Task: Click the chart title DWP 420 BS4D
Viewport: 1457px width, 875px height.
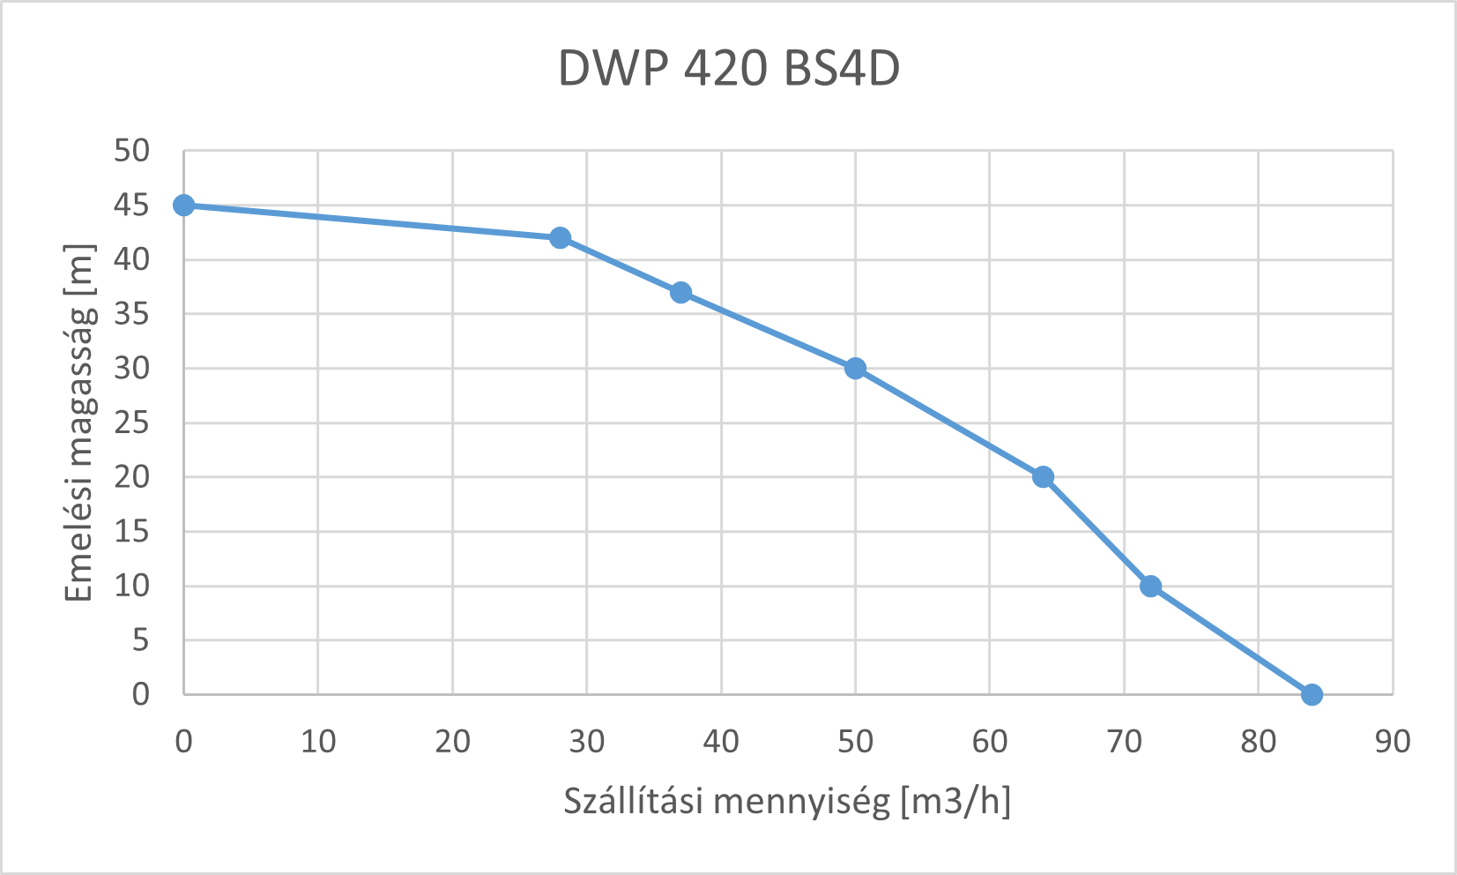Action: coord(729,69)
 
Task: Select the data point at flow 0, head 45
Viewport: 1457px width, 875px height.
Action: coord(183,206)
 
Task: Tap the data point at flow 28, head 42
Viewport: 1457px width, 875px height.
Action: coord(560,238)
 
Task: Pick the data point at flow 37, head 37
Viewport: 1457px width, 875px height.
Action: coord(680,293)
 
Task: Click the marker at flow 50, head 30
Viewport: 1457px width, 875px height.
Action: coord(855,369)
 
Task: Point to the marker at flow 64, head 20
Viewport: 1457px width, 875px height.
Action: coord(1043,477)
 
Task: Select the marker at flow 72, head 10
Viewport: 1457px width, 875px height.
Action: coord(1150,587)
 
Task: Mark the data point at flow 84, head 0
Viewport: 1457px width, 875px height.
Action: coord(1312,695)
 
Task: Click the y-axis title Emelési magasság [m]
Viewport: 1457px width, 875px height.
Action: coord(79,423)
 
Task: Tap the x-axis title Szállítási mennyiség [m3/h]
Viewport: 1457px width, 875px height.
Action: coord(787,802)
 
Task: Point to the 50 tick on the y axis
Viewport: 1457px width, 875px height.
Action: coord(132,151)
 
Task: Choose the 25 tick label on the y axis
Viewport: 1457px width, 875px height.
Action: coord(132,423)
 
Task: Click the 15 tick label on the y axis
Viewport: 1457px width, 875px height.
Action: coord(132,532)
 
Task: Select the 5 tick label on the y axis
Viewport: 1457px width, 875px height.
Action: coord(141,640)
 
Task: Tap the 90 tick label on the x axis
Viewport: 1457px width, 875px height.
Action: coord(1393,742)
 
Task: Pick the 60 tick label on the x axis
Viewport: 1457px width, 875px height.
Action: coord(990,742)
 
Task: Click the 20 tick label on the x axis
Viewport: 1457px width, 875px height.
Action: coord(452,742)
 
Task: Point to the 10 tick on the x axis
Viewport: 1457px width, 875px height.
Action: coord(318,742)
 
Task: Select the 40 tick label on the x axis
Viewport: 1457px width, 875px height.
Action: coord(721,742)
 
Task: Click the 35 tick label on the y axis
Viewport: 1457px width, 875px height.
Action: coord(132,314)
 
